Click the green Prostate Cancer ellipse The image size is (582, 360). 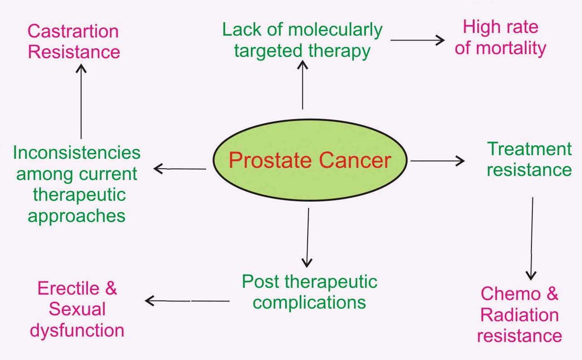(310, 161)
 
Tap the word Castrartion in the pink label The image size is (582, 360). (73, 31)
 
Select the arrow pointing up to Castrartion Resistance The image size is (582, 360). (81, 101)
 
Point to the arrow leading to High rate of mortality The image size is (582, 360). (417, 40)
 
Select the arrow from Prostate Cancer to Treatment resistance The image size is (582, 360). (437, 160)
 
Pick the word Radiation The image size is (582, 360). (519, 315)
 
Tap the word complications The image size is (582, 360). (309, 302)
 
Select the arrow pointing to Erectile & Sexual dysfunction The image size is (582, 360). (187, 300)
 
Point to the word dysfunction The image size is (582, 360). (77, 330)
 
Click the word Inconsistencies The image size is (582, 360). (77, 153)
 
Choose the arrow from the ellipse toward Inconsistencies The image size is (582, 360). (180, 169)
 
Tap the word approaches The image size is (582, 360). (77, 216)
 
